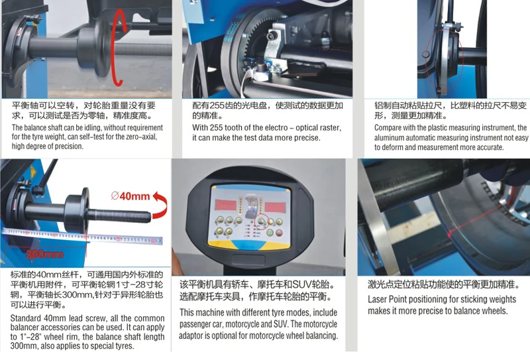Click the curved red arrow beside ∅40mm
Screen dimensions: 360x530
coord(158,200)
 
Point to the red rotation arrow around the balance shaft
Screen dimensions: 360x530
coord(119,50)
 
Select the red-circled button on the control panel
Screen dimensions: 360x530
coord(262,222)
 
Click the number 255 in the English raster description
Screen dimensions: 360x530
coord(221,127)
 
